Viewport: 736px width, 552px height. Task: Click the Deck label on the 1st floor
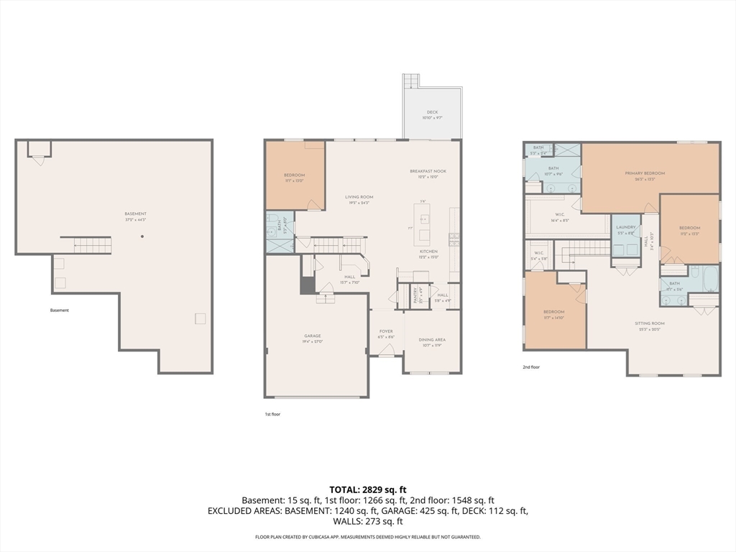[432, 112]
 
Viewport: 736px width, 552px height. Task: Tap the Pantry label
[414, 295]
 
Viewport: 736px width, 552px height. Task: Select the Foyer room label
[386, 333]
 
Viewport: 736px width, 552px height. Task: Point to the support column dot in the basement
[142, 236]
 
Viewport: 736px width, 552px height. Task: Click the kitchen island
[424, 222]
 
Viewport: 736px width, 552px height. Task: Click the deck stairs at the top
[410, 80]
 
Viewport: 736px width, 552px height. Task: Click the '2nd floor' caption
[531, 367]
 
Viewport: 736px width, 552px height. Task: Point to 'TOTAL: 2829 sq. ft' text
[367, 489]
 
